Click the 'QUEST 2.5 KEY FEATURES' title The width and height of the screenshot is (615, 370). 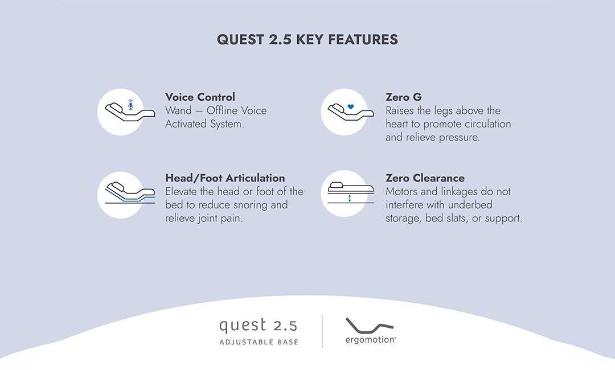[307, 40]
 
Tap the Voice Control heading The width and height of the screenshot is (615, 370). [200, 97]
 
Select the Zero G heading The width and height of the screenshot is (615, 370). [403, 97]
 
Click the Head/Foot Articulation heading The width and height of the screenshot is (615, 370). [225, 178]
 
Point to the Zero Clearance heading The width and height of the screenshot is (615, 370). [425, 178]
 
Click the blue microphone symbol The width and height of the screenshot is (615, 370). [130, 105]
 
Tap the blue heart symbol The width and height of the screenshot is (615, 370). [351, 106]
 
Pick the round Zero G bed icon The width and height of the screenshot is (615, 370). [345, 112]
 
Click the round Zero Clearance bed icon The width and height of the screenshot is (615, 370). [345, 194]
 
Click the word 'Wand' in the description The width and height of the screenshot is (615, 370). [179, 110]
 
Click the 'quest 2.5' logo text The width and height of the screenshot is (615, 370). [258, 326]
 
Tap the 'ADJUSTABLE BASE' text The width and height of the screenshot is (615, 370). [259, 342]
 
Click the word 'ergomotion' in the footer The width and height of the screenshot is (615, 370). [370, 339]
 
